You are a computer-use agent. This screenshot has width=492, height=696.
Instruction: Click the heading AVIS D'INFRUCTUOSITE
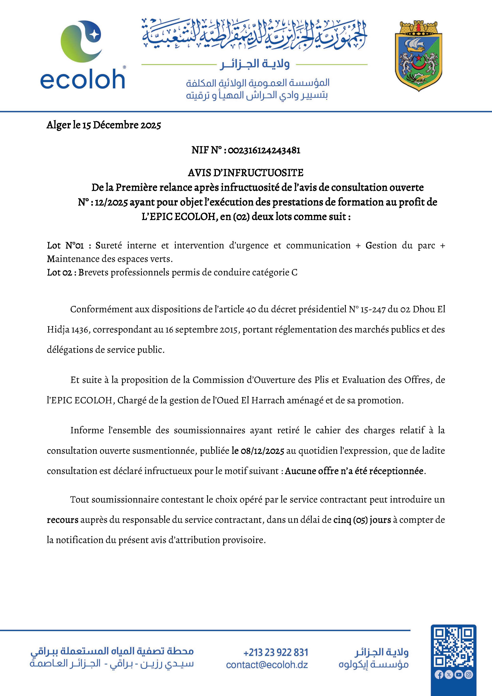pos(246,173)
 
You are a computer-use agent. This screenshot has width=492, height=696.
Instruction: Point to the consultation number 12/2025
pos(111,202)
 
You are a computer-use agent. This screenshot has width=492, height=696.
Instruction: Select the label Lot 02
pos(59,273)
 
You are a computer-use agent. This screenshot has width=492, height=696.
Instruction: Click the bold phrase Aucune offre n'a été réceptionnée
pos(354,471)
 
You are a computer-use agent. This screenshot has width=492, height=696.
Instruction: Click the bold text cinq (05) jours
pos(362,520)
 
